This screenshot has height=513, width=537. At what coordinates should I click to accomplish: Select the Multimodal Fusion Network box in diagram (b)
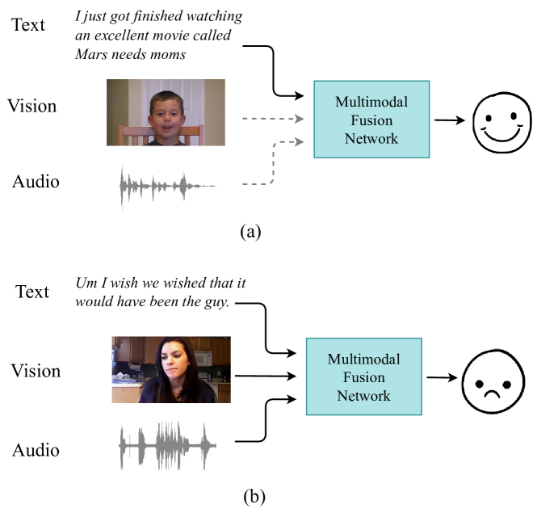pos(363,376)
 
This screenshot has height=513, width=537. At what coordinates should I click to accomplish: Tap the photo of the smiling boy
pos(166,112)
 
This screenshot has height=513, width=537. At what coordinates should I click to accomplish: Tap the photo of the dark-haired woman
pos(171,369)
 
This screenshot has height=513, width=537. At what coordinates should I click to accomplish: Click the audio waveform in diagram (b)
pos(168,444)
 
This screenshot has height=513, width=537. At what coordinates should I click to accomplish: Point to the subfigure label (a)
pos(250,232)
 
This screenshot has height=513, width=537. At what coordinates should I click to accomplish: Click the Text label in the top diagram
pos(30,24)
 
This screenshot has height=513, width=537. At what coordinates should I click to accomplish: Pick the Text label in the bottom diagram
pos(32,292)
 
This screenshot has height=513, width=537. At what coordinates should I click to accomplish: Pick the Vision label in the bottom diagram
pos(36,371)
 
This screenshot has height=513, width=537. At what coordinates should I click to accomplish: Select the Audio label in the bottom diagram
pos(36,449)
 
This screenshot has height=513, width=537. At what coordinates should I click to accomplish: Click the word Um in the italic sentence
pos(86,284)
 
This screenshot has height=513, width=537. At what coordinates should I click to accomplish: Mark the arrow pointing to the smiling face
pos(450,121)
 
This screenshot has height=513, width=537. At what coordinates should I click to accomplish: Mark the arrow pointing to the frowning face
pos(441,377)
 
